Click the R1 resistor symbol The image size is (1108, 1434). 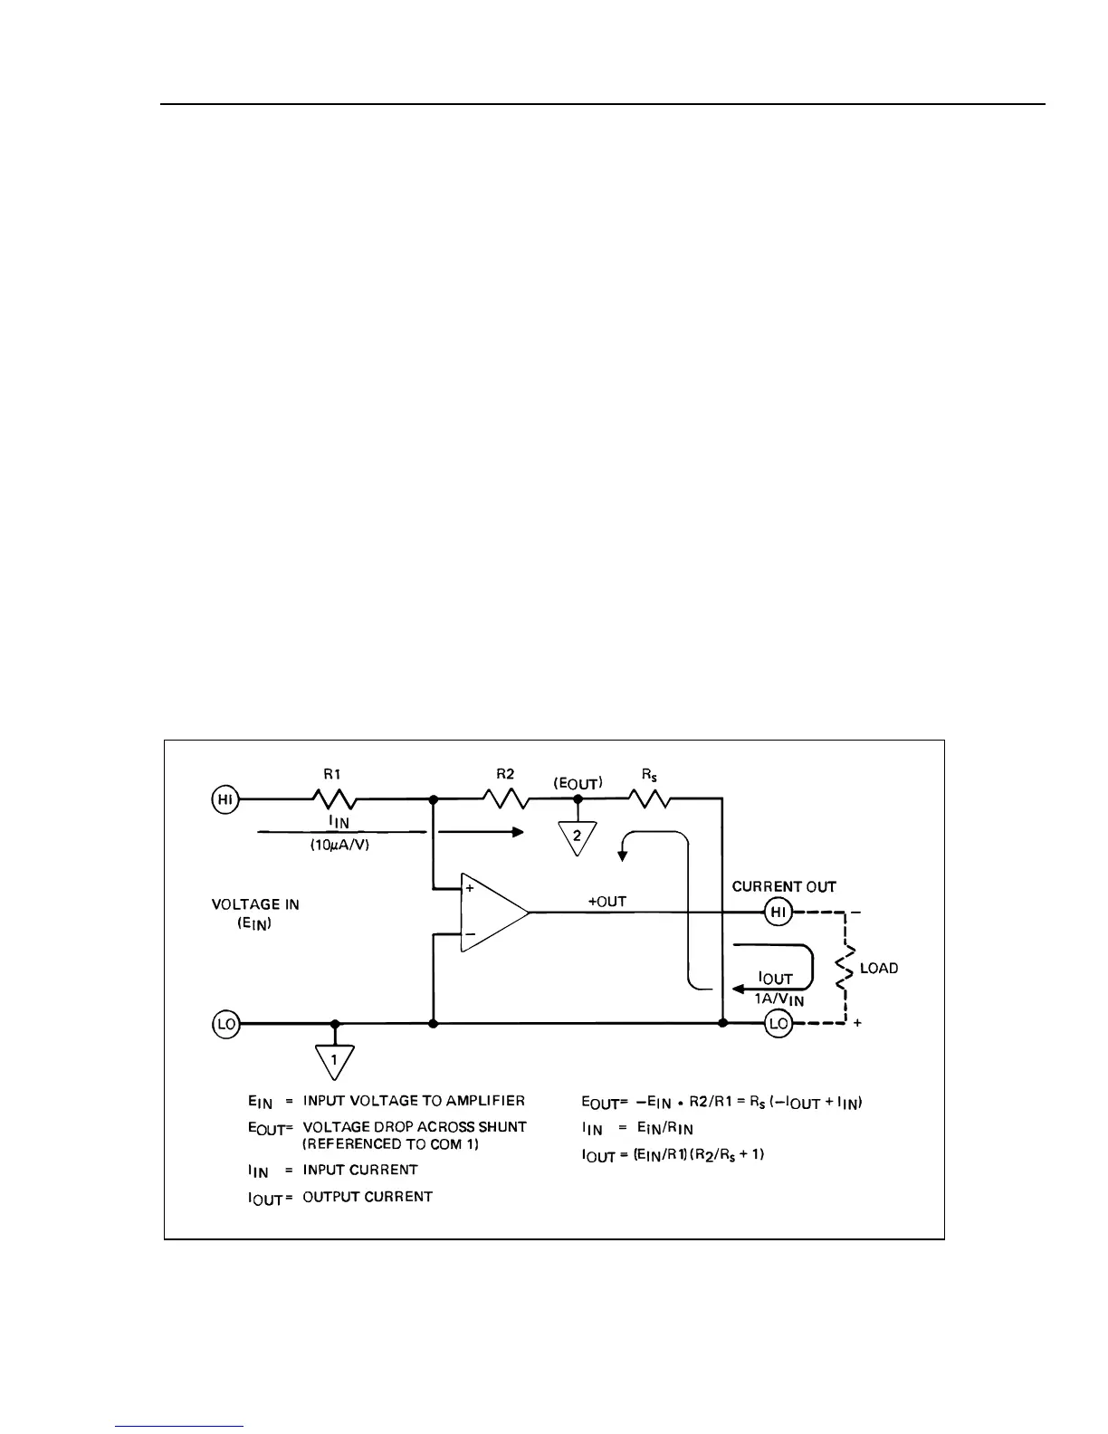(x=335, y=799)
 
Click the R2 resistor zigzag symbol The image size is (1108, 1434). (x=505, y=799)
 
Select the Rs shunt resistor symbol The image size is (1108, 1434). (x=648, y=799)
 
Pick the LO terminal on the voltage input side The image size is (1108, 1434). (x=225, y=1024)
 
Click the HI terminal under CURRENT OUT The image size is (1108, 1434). (x=778, y=913)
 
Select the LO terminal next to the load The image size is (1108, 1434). (x=778, y=1024)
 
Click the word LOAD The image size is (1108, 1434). (x=879, y=969)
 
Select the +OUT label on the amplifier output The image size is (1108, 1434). (x=607, y=902)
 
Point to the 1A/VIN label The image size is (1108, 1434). (x=778, y=999)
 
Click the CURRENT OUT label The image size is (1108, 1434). (x=784, y=887)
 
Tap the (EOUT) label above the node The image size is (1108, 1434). (x=578, y=782)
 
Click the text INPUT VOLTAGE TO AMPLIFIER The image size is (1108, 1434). (x=414, y=1101)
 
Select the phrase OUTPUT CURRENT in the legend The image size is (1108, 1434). (x=368, y=1197)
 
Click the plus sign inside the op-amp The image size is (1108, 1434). (x=470, y=889)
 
